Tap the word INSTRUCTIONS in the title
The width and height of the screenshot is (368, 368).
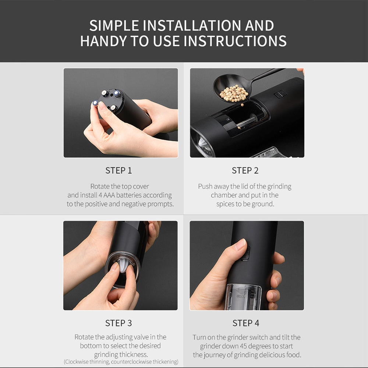tap(235, 41)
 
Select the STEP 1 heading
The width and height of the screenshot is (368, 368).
tap(118, 170)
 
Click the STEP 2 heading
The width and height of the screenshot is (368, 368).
tap(245, 170)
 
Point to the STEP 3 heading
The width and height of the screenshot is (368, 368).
tap(118, 323)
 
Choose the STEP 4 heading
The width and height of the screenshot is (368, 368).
tap(246, 323)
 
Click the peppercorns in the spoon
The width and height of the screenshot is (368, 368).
tap(234, 93)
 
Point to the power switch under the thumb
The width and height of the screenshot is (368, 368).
tap(245, 254)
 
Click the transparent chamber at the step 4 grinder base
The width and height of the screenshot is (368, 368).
tap(243, 296)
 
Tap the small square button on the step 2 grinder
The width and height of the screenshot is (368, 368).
tap(280, 94)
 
